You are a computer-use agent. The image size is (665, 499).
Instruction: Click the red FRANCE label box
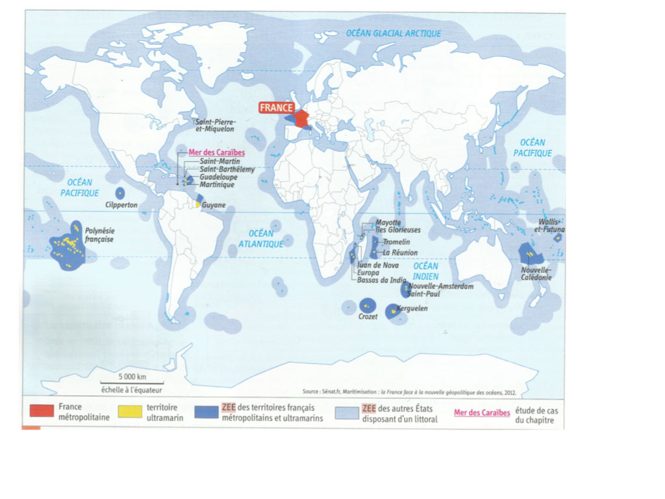point(277,108)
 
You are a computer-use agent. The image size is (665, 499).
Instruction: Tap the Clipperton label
point(120,205)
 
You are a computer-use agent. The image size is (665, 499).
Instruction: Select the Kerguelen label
point(413,309)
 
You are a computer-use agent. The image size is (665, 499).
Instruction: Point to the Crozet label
point(368,316)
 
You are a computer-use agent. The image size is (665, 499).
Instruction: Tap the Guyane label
point(214,205)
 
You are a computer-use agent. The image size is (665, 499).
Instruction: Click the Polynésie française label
point(99,235)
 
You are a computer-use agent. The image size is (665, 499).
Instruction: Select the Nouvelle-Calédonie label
point(536,273)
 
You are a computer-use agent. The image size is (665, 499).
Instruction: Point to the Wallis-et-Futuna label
point(549,225)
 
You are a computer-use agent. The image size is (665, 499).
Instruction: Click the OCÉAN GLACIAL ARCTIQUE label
point(394,34)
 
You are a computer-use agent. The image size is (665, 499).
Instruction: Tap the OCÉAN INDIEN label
point(426,270)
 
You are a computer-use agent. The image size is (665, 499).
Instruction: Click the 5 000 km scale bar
point(132,383)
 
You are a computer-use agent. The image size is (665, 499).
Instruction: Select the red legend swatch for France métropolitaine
point(41,411)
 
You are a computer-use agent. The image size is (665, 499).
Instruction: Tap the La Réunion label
point(399,252)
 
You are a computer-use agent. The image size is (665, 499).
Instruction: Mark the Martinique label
point(217,185)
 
